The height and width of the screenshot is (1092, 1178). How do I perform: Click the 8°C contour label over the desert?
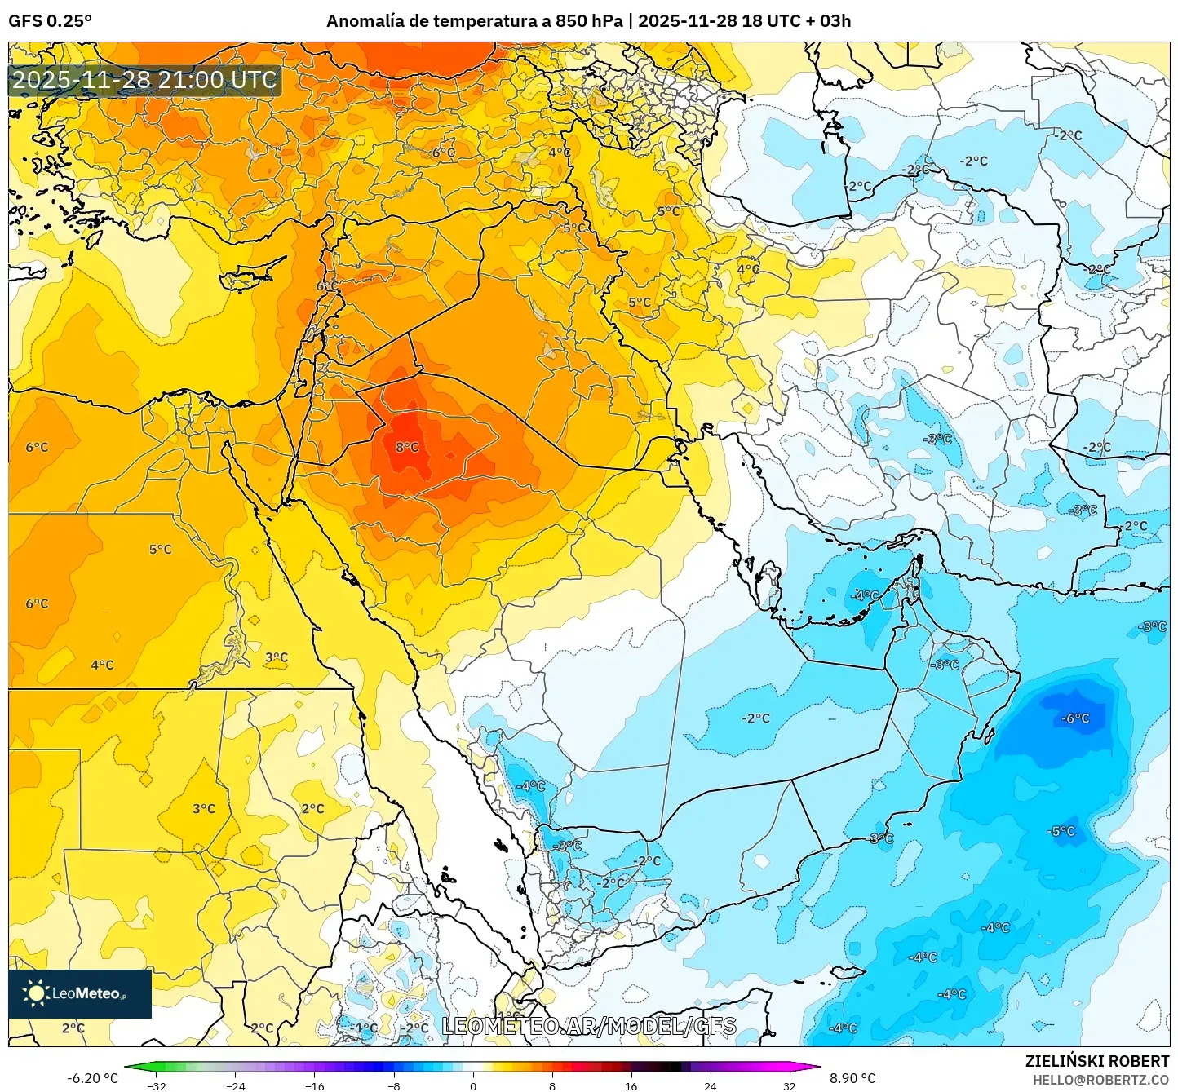tap(407, 447)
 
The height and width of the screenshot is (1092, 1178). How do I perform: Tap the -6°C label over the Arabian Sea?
tap(1074, 718)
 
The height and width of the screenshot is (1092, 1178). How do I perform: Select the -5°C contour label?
tap(1061, 831)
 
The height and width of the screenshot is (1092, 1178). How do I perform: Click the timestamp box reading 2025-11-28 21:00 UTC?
tap(145, 80)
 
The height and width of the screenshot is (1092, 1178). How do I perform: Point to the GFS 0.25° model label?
tap(51, 21)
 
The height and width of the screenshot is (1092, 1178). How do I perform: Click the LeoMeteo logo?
tap(80, 993)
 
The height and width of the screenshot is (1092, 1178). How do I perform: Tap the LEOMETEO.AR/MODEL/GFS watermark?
tap(589, 1026)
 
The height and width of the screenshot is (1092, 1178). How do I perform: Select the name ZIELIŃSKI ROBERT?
tap(1096, 1061)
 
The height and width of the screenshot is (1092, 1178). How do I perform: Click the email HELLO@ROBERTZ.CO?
tap(1100, 1080)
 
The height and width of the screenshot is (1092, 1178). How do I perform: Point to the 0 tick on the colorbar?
tap(473, 1085)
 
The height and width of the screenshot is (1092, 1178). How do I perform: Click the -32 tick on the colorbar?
tap(157, 1085)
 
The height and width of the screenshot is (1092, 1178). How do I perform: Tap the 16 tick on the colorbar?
tap(631, 1085)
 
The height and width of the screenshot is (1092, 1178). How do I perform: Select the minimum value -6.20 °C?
tap(92, 1078)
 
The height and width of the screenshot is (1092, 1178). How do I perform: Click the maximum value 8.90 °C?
tap(852, 1078)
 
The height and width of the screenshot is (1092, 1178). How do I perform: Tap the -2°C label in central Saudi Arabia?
tap(755, 718)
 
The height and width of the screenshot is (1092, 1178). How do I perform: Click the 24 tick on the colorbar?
tap(710, 1085)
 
